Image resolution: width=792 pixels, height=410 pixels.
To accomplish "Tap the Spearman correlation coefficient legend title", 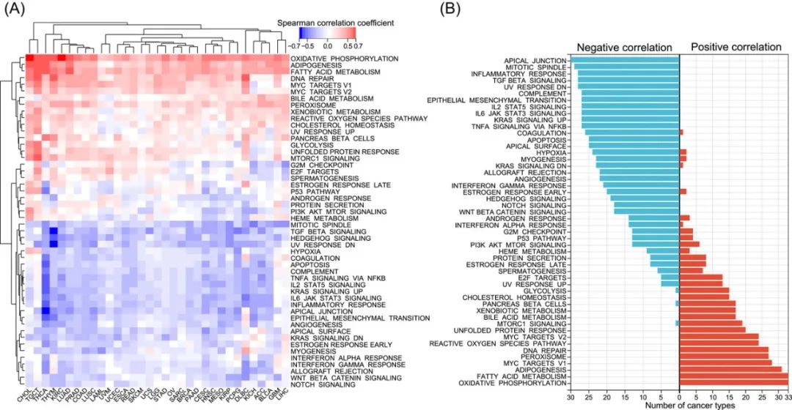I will [335, 23].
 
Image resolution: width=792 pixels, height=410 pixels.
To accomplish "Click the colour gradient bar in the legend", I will [327, 34].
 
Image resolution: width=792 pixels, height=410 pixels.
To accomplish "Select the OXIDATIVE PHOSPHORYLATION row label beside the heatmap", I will [344, 58].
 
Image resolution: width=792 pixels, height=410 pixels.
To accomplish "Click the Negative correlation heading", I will [624, 48].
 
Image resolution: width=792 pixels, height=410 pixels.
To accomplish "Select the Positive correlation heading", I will [736, 48].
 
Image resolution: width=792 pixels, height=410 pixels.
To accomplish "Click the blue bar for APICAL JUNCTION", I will [625, 61].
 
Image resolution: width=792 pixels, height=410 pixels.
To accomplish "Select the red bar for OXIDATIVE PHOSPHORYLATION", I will [734, 383].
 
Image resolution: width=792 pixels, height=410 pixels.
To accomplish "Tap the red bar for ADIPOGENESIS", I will [730, 369].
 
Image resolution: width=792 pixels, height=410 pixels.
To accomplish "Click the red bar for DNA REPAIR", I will [724, 348].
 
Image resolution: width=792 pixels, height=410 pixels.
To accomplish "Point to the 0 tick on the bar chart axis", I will [680, 396].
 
